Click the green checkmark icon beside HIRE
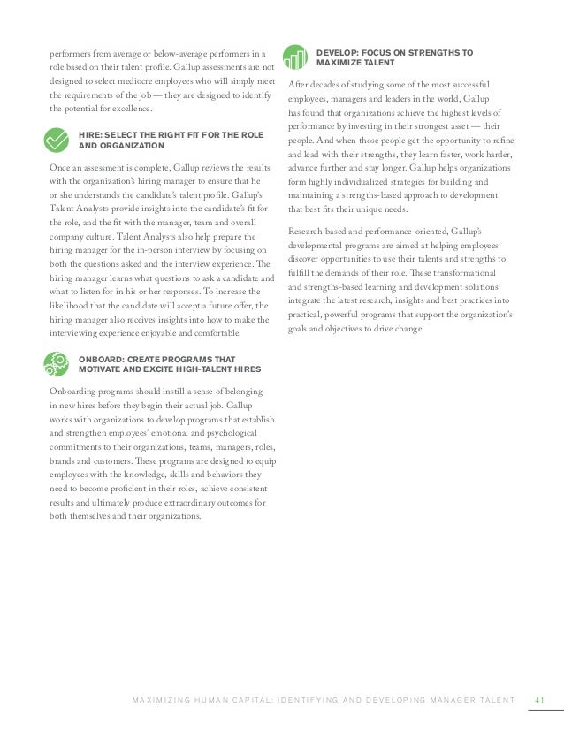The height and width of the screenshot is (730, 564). pyautogui.click(x=55, y=140)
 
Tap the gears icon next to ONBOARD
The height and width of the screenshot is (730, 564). pyautogui.click(x=55, y=362)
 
